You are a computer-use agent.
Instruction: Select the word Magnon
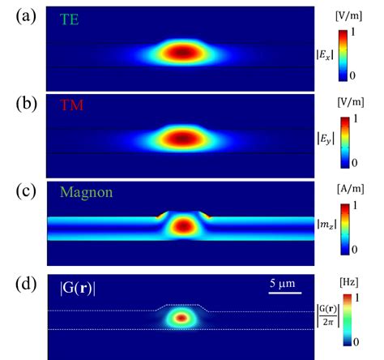[87, 194]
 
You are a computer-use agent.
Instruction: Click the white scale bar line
[284, 294]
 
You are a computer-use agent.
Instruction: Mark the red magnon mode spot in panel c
[184, 226]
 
